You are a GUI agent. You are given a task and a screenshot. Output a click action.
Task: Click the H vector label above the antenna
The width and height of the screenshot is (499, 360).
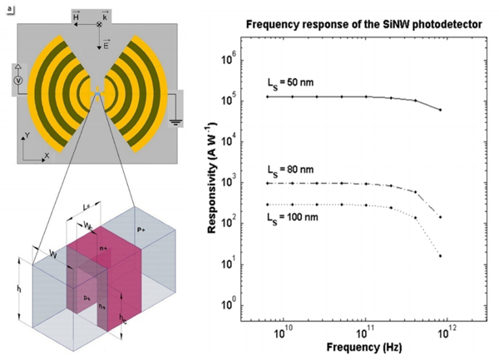tap(76, 17)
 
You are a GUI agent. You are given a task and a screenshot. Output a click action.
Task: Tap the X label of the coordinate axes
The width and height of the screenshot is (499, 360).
tap(47, 155)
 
